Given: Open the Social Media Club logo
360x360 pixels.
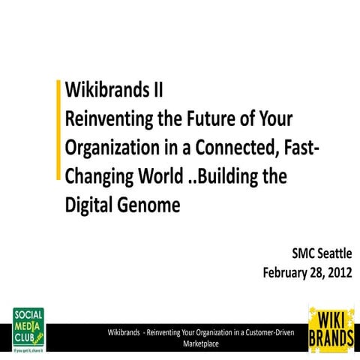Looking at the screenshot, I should pyautogui.click(x=28, y=328).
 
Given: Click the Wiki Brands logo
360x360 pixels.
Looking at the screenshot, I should pyautogui.click(x=331, y=328).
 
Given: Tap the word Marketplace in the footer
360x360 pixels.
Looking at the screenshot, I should pyautogui.click(x=200, y=343).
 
